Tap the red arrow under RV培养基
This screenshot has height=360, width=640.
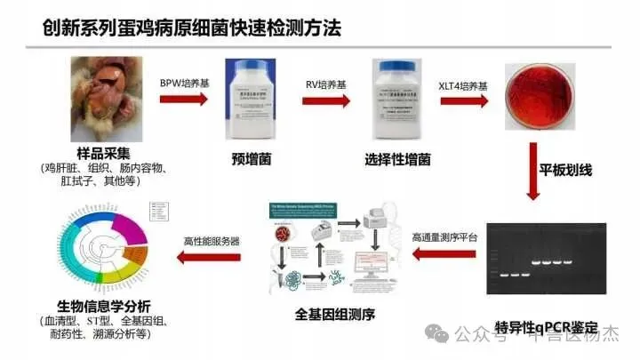tap(322, 97)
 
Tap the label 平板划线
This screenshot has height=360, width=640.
tap(566, 167)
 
